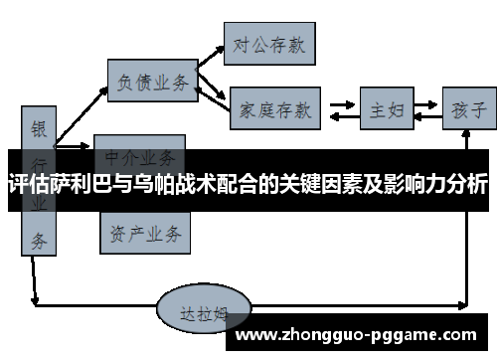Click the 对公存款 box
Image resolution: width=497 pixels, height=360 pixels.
tap(269, 44)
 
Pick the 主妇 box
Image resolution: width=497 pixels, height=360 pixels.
tap(386, 108)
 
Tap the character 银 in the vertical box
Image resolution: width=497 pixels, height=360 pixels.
tap(39, 129)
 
